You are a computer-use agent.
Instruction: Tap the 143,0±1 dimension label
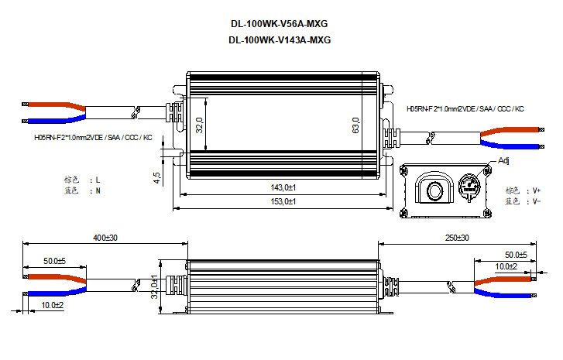pyautogui.click(x=284, y=187)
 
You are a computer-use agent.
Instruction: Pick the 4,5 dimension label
pyautogui.click(x=157, y=177)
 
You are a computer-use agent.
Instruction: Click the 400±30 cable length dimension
pyautogui.click(x=105, y=237)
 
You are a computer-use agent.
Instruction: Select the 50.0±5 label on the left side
pyautogui.click(x=54, y=261)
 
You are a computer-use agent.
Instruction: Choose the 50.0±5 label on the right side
pyautogui.click(x=516, y=255)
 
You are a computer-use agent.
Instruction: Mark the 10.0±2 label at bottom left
pyautogui.click(x=52, y=306)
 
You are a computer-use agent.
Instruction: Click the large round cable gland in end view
pyautogui.click(x=434, y=188)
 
